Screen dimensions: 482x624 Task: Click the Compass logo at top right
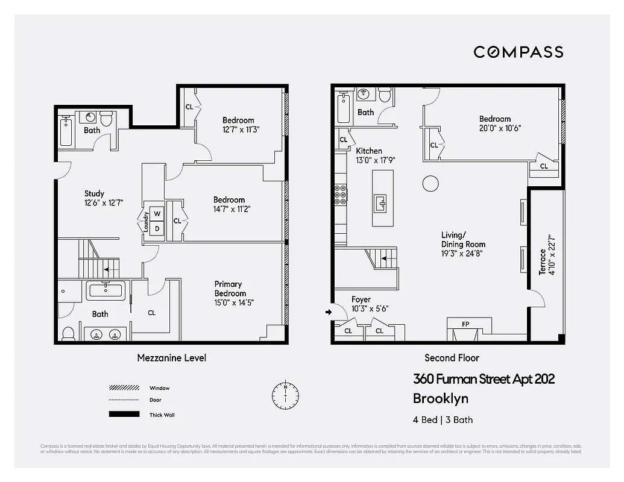click(518, 52)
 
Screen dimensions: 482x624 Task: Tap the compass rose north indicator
click(285, 395)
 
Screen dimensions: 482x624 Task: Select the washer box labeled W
click(157, 214)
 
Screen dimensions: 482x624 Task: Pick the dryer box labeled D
click(157, 228)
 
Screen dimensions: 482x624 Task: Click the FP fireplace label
click(465, 324)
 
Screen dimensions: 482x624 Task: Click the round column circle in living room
click(430, 183)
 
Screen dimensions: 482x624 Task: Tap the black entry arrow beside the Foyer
click(328, 312)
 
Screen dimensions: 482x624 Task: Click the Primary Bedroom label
click(230, 289)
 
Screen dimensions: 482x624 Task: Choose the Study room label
click(94, 193)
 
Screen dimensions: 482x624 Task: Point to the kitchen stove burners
click(341, 195)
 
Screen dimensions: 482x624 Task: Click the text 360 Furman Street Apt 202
click(484, 379)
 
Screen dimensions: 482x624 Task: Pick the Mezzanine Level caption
click(171, 358)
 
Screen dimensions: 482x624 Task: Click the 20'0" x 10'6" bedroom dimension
click(500, 128)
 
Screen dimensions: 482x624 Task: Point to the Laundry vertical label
click(145, 221)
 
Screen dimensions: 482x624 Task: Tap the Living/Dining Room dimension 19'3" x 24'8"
click(462, 254)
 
